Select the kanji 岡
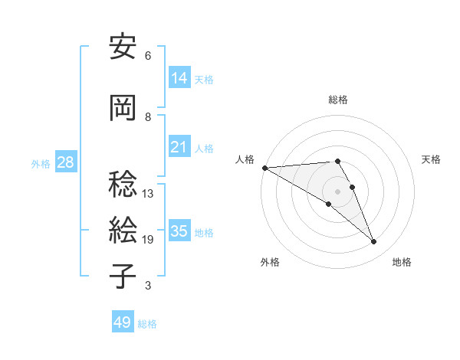[123, 109]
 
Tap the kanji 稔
[123, 185]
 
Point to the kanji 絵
[123, 231]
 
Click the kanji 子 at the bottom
[123, 277]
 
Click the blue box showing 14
[179, 78]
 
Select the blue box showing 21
[179, 147]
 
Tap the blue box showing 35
[179, 231]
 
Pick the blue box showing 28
[66, 162]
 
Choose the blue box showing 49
[123, 322]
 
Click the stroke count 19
[147, 240]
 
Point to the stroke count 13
[147, 194]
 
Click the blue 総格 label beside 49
[147, 324]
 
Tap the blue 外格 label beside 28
[41, 163]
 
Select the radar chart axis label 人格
[245, 159]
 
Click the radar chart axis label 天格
[432, 159]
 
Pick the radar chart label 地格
[402, 262]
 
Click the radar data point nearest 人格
[264, 167]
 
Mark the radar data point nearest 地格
[374, 242]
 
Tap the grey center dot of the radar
[338, 191]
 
